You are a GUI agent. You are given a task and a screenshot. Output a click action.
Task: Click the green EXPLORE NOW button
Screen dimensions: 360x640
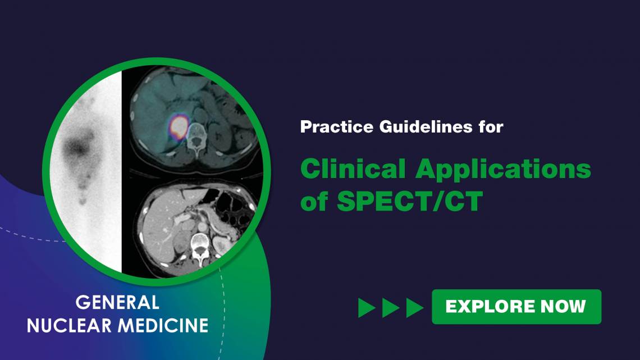[516, 307]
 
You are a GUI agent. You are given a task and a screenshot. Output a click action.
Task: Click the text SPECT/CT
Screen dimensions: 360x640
[410, 202]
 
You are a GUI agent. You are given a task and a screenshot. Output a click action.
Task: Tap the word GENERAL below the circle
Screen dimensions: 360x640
[117, 303]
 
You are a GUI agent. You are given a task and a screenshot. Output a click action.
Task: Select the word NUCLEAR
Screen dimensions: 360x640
[70, 325]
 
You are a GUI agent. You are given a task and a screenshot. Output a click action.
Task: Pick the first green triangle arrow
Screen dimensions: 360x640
[367, 307]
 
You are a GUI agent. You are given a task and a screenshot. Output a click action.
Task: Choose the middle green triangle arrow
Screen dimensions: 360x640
[391, 307]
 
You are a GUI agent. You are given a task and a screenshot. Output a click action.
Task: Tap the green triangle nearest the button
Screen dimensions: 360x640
[414, 307]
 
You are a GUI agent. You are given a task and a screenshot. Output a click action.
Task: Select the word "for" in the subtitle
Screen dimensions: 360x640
[490, 127]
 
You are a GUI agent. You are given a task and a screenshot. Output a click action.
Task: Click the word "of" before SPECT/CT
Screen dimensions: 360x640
[314, 202]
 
